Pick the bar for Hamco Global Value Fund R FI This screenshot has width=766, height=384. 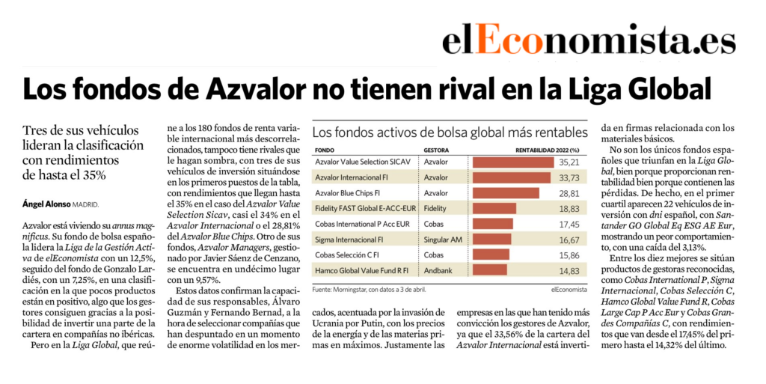(490, 269)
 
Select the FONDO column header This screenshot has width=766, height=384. (325, 149)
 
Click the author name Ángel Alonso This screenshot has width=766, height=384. (46, 204)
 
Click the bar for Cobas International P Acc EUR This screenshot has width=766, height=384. (493, 223)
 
